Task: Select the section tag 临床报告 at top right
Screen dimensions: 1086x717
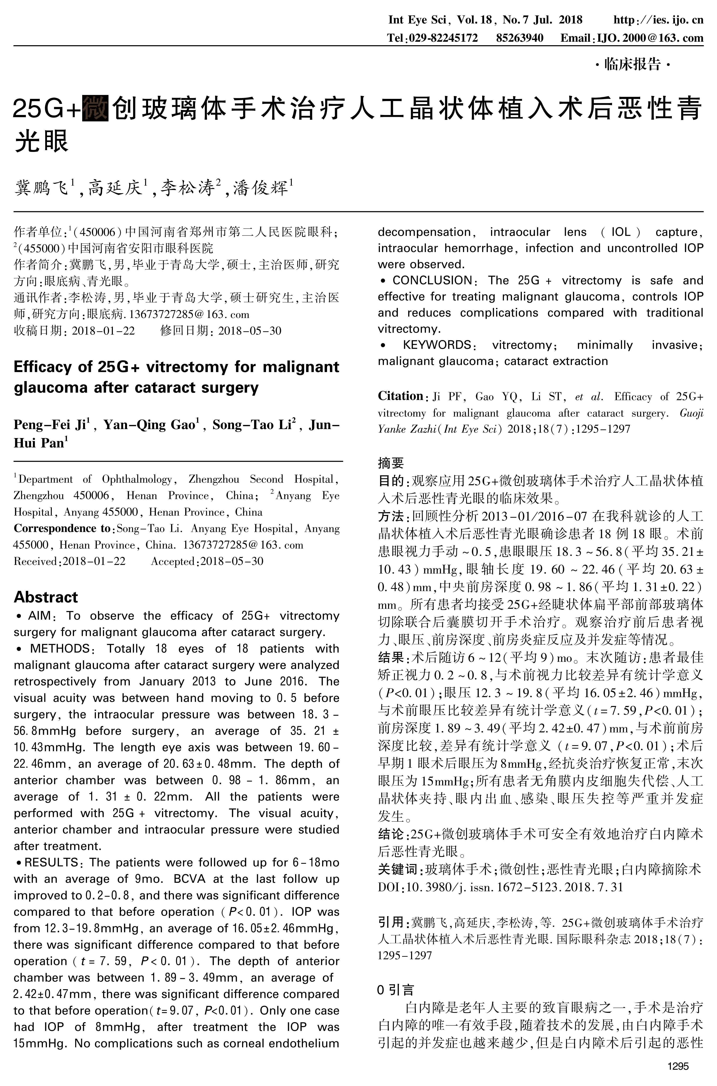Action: point(632,64)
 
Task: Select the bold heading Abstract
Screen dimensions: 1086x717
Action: point(46,597)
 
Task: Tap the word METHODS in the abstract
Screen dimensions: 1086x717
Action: point(59,649)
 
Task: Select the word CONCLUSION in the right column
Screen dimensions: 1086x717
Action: point(432,281)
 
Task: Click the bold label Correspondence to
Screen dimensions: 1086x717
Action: point(62,529)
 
